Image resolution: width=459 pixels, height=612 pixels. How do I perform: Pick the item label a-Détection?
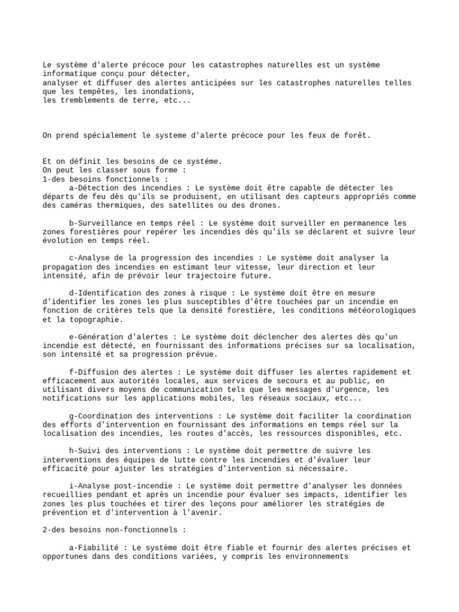coord(96,188)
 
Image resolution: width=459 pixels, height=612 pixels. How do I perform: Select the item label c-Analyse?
coord(91,258)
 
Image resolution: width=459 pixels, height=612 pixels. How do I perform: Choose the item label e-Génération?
coord(99,337)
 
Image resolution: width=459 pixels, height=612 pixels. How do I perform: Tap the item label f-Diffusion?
coord(96,372)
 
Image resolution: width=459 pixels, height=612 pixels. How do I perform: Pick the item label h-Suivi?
coord(87,451)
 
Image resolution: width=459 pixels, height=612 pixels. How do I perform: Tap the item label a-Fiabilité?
coord(96,547)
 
